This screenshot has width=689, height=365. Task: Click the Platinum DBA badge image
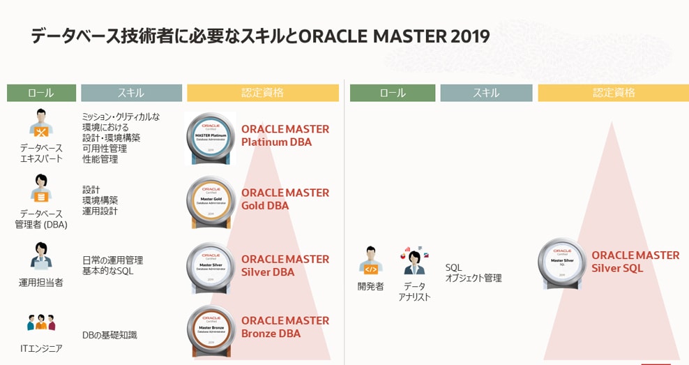pos(211,138)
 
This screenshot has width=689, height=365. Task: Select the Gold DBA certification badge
pos(211,202)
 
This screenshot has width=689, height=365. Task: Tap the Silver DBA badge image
pos(211,267)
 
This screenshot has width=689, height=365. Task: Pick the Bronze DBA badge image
pos(211,330)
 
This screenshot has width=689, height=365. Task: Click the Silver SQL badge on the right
pos(562,263)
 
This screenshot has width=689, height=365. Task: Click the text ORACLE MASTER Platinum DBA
pos(285,135)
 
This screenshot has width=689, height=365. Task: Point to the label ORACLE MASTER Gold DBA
pos(285,199)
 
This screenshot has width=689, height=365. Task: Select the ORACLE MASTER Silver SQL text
pos(635,262)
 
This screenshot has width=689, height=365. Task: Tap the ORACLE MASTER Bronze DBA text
pos(285,327)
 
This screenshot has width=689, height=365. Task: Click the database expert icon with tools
pos(40,123)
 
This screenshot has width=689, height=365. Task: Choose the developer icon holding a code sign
pos(371,260)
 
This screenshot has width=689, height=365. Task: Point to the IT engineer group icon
pos(40,322)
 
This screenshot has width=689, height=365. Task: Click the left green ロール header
pos(41,93)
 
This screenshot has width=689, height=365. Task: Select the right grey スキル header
pos(486,93)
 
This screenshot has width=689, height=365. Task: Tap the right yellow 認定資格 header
pos(613,93)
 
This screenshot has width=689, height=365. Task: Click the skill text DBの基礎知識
pos(109,335)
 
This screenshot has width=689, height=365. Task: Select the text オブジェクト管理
pos(474,278)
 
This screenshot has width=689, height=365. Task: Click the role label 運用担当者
pos(40,283)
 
